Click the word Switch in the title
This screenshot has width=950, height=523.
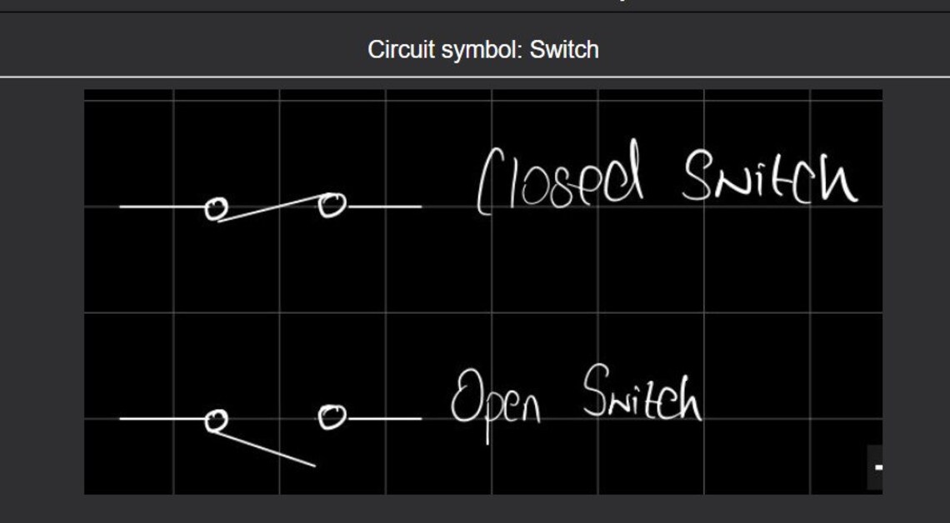coord(564,50)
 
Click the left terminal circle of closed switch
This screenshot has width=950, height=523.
coord(216,208)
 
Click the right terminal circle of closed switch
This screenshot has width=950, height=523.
coord(332,205)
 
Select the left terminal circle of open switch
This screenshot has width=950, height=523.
coord(217,421)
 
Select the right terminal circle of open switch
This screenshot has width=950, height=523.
coord(332,416)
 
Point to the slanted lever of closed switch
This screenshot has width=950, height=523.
coord(271,208)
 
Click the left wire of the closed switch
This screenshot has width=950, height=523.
coord(162,207)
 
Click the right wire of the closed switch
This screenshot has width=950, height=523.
coord(383,207)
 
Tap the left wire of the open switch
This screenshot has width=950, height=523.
coord(162,419)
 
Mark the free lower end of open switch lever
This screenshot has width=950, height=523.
coord(313,465)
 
